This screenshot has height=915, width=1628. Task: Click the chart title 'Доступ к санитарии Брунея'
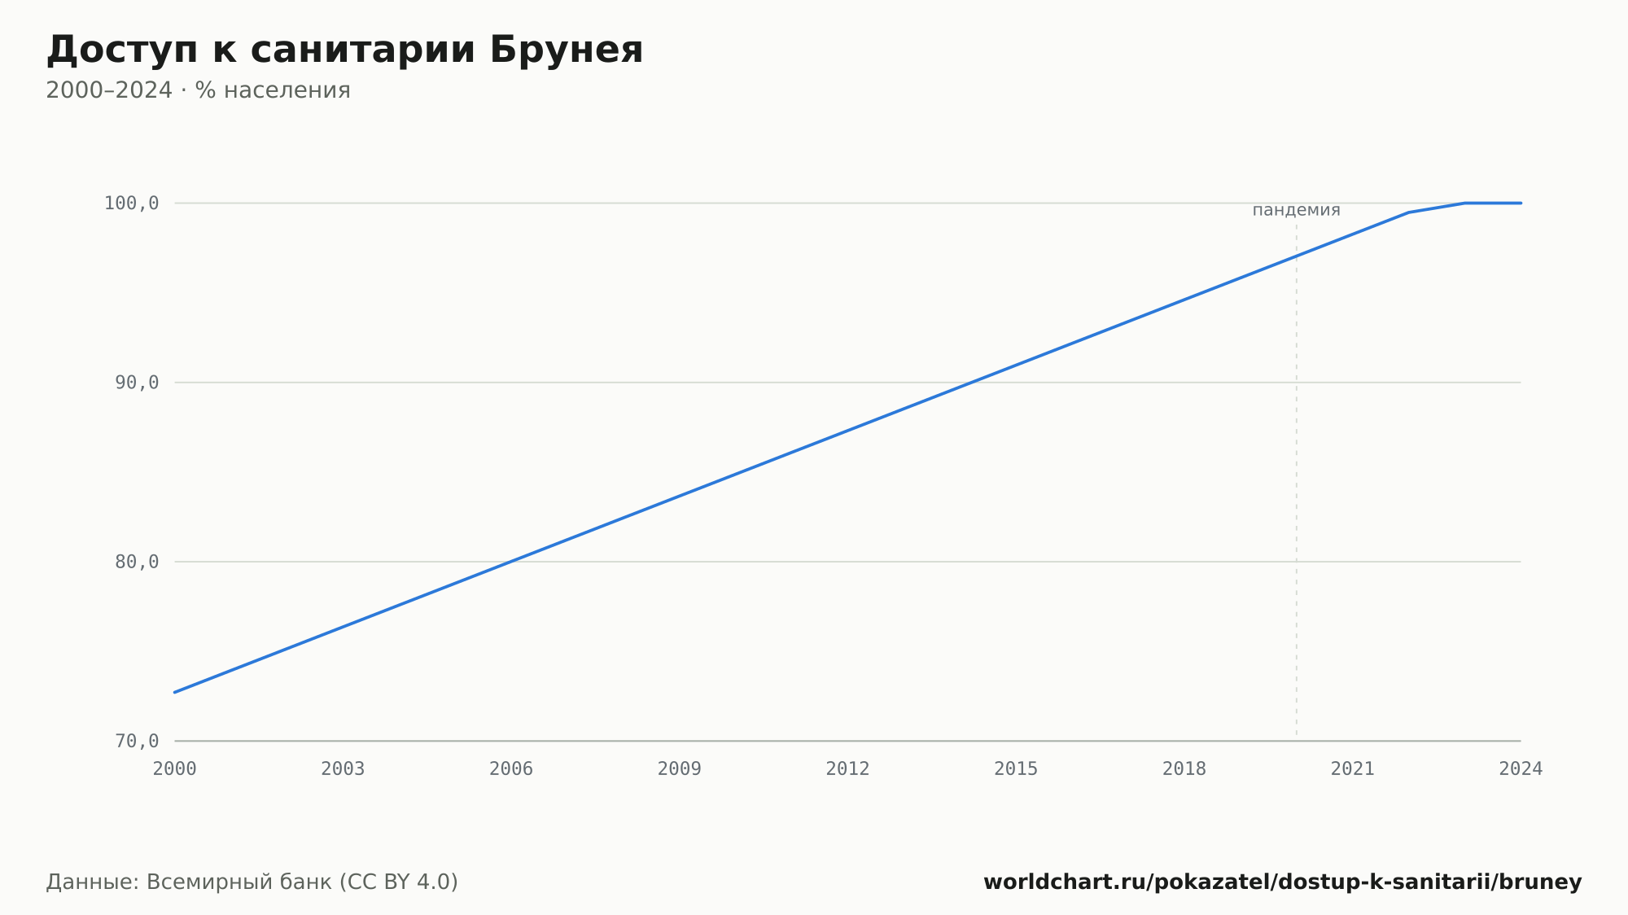click(x=344, y=50)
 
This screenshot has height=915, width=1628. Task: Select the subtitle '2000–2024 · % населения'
click(x=198, y=90)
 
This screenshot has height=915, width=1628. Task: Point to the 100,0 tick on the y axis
click(x=131, y=204)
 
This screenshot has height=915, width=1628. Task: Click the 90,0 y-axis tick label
click(x=137, y=383)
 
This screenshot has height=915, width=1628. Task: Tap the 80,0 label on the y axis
click(x=137, y=562)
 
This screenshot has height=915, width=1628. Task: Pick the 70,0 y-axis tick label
click(x=137, y=741)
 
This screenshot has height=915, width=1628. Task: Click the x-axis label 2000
click(x=175, y=769)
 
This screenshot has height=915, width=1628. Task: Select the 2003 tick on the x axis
click(x=343, y=769)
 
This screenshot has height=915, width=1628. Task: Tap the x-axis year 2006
click(x=511, y=769)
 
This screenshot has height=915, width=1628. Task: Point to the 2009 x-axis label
click(x=680, y=769)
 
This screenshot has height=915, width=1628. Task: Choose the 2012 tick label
click(x=847, y=769)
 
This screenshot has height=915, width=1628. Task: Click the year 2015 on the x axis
click(x=1016, y=769)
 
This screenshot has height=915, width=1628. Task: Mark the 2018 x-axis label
click(x=1184, y=769)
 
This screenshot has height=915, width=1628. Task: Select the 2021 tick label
click(x=1352, y=769)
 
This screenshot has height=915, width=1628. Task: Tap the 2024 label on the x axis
click(x=1521, y=769)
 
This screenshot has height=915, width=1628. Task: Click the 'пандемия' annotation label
click(x=1296, y=211)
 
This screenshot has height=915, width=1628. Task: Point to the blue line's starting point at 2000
click(x=175, y=692)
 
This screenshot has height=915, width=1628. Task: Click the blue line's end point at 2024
click(x=1521, y=203)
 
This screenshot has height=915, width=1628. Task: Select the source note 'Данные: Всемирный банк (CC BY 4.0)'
click(x=252, y=882)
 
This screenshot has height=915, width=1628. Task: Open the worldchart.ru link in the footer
click(x=1282, y=882)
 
